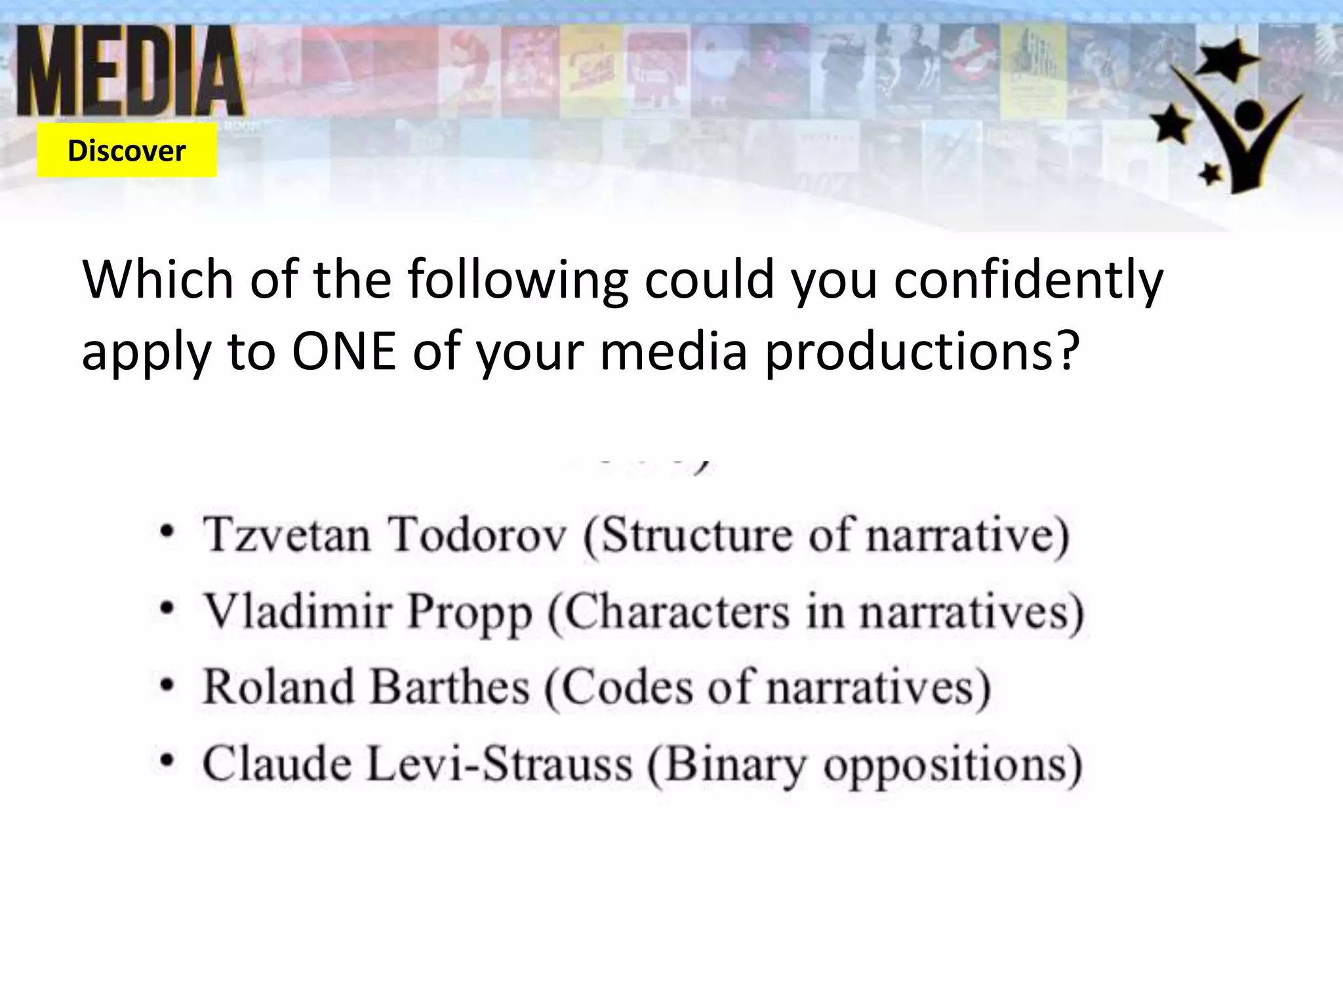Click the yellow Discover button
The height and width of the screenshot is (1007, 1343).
tap(127, 151)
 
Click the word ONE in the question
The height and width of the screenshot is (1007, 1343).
tap(344, 351)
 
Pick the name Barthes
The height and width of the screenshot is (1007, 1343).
tap(450, 687)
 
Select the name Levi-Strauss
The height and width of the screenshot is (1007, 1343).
tap(499, 764)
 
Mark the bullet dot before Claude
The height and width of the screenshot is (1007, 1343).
tap(169, 761)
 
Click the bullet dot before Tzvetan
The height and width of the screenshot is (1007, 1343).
tap(169, 532)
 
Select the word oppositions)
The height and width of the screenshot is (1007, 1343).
tap(952, 765)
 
